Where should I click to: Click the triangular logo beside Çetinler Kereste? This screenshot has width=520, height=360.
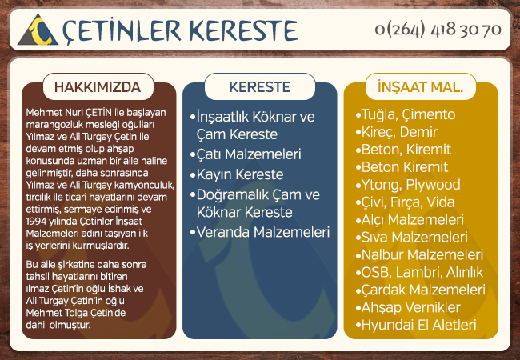tap(38, 30)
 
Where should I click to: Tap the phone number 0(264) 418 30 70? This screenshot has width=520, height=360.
tap(438, 30)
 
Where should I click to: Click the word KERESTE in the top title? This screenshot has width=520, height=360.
tap(243, 31)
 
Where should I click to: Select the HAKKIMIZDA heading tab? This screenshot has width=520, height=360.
tap(98, 87)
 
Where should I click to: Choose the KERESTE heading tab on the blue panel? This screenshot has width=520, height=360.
tap(260, 87)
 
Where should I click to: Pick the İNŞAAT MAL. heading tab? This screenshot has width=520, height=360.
tap(421, 87)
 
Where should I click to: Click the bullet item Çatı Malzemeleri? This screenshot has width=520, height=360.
tap(246, 154)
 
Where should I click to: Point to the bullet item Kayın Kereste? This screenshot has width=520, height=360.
tap(237, 174)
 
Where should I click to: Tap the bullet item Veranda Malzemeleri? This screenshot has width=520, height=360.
tap(260, 232)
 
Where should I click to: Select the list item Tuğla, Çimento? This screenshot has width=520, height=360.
tap(406, 114)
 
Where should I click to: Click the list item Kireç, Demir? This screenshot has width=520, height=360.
tap(397, 132)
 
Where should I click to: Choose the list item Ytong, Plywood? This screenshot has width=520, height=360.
tap(408, 185)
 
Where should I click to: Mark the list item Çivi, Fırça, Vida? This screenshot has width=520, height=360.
tap(405, 202)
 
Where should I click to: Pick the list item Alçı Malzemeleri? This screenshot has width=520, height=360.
tap(410, 220)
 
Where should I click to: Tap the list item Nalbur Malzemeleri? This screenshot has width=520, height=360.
tap(419, 255)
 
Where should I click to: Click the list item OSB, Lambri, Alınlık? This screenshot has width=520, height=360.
tap(419, 273)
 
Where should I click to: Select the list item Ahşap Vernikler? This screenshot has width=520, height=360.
tap(408, 308)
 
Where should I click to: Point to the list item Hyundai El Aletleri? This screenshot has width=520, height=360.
tap(416, 325)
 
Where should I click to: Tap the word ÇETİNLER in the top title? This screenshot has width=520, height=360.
tap(122, 31)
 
